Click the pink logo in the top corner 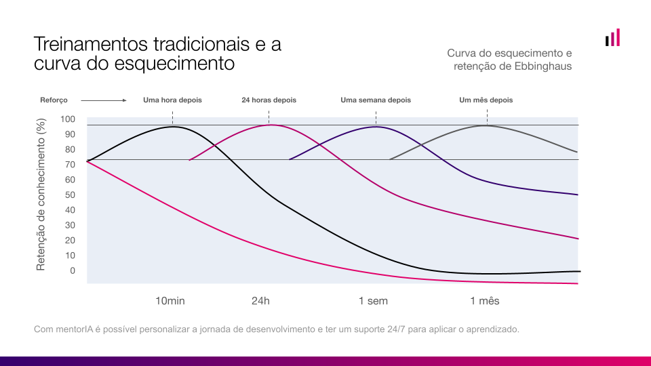click(613, 38)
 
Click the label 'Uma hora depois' click(172, 100)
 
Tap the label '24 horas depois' click(269, 100)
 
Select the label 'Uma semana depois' click(376, 100)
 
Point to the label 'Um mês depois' click(486, 100)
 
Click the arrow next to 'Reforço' click(104, 100)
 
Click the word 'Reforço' click(54, 100)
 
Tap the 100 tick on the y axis click(69, 119)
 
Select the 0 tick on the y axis click(73, 270)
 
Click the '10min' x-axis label click(170, 301)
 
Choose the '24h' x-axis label click(261, 301)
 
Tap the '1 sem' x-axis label click(373, 301)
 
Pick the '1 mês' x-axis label click(485, 301)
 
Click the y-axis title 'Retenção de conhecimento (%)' click(41, 195)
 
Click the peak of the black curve click(173, 127)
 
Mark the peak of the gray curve click(486, 125)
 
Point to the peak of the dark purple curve click(376, 127)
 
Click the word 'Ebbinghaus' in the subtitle click(543, 66)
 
